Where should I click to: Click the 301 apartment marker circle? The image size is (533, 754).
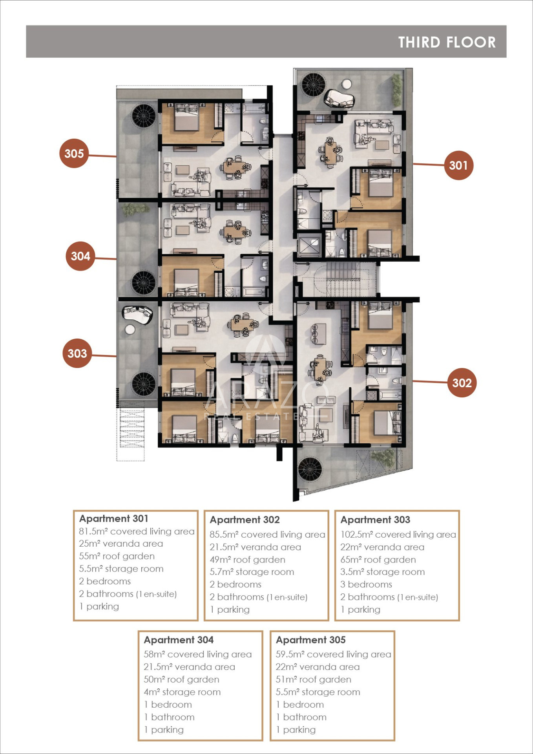click(x=458, y=165)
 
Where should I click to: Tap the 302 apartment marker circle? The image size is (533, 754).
click(x=462, y=382)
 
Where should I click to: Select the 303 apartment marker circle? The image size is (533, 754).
click(x=77, y=353)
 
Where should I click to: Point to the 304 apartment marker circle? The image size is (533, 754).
click(x=80, y=256)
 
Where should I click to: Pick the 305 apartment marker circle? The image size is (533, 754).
click(x=74, y=153)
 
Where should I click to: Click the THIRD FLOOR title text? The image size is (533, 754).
click(x=447, y=42)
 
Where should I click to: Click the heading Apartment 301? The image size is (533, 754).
click(x=114, y=518)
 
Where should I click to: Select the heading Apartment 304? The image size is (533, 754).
click(x=179, y=640)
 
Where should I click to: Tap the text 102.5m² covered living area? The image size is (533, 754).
click(x=398, y=534)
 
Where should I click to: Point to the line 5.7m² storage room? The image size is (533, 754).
click(x=252, y=572)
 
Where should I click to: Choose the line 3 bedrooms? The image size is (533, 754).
click(x=366, y=584)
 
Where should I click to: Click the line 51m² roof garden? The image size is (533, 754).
click(x=313, y=679)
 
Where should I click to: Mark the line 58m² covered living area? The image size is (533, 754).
click(x=197, y=654)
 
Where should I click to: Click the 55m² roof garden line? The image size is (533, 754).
click(x=117, y=556)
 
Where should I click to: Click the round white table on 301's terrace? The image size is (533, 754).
click(x=347, y=84)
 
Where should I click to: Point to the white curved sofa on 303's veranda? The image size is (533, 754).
click(x=137, y=314)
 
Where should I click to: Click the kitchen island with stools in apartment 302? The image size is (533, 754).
click(x=318, y=334)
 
